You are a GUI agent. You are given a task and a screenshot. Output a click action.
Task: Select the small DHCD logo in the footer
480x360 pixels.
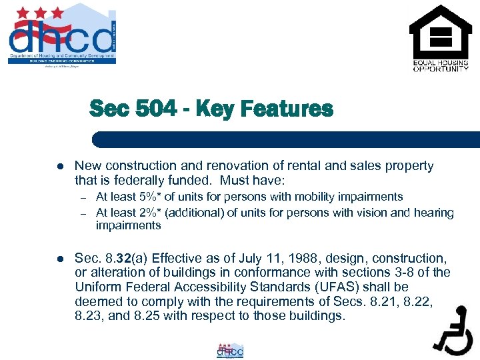coord(230,351)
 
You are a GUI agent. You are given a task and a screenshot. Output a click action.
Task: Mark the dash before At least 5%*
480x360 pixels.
coord(84,197)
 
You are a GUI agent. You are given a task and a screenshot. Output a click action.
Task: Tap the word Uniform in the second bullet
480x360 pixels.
coord(96,287)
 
